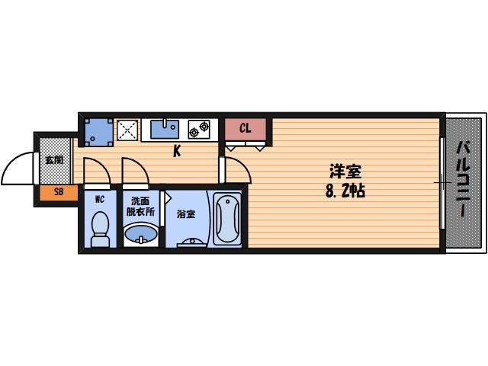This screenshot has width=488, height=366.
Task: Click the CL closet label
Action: tap(246, 128)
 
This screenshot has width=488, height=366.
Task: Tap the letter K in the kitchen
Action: tap(177, 152)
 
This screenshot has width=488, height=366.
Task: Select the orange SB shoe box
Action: tap(59, 193)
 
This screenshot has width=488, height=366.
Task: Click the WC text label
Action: tap(100, 199)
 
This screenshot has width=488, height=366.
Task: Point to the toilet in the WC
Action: tap(100, 229)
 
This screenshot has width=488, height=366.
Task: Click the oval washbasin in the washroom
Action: tap(141, 233)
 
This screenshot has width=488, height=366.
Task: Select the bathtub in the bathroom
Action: tap(227, 219)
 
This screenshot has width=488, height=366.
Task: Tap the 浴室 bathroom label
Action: tap(186, 214)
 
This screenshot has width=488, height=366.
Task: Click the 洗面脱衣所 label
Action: tap(140, 207)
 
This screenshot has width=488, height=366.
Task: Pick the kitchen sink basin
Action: tap(165, 129)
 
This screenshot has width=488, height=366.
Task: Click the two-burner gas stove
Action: tap(199, 129)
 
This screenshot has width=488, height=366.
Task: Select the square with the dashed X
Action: tap(127, 130)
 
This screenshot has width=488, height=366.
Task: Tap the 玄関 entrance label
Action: tap(54, 160)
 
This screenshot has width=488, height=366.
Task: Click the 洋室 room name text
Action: tap(345, 172)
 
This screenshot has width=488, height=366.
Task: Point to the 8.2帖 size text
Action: tap(345, 191)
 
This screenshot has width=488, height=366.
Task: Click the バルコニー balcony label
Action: tap(464, 178)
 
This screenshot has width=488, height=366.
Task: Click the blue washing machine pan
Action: tap(99, 132)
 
